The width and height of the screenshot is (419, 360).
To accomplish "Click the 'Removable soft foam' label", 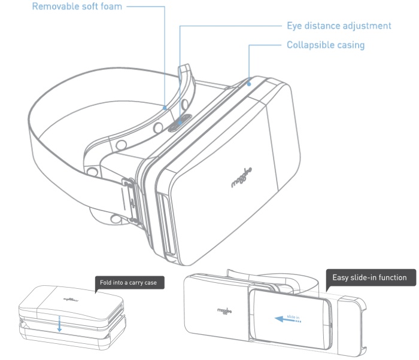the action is click(x=77, y=6).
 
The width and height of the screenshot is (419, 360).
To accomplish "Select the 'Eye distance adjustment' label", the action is click(x=339, y=26).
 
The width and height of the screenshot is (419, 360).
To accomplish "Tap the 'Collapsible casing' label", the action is click(x=326, y=45).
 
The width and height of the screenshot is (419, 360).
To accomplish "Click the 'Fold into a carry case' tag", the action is click(x=130, y=282).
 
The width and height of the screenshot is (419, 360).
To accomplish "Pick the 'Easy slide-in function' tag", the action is click(x=371, y=277).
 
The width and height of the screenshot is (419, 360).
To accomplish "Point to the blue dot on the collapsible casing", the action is click(x=249, y=84).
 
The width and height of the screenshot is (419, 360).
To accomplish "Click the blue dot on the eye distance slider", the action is click(x=180, y=123).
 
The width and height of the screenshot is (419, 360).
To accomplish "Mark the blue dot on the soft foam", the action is click(x=165, y=108).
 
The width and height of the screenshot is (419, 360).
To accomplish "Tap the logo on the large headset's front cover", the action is click(x=242, y=178).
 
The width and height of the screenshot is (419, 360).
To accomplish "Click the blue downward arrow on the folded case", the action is click(x=59, y=324).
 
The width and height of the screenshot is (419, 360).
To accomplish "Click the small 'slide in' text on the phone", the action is click(x=293, y=317).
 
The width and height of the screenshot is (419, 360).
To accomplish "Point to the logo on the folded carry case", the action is click(x=71, y=300).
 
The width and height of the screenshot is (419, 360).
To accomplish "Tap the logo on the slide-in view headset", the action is click(x=224, y=311).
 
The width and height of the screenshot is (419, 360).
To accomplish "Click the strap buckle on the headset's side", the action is click(x=130, y=200).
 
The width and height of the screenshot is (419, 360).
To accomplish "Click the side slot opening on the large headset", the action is click(x=166, y=224).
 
